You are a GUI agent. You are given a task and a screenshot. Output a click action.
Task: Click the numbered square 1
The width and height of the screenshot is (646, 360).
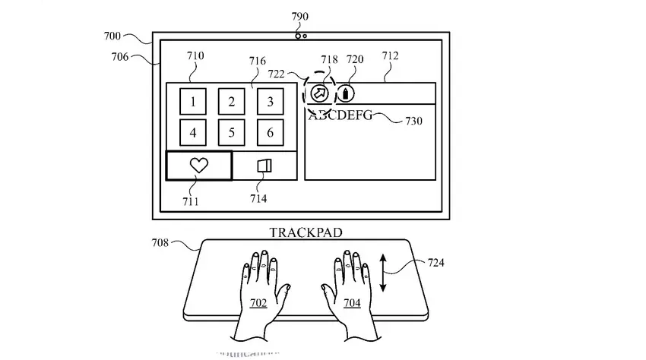pos(193,102)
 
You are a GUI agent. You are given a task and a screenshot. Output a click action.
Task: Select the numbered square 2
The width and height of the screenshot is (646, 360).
pos(232,102)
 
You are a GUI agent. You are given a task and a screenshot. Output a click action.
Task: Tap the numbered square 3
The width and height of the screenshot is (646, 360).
pos(270,102)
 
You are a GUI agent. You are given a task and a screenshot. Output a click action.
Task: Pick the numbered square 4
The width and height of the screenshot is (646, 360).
pos(193,133)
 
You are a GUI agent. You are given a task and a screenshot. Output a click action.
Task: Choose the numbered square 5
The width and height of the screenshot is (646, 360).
pos(232,133)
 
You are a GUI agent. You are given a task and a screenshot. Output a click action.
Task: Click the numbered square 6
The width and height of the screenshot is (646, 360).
pos(270,133)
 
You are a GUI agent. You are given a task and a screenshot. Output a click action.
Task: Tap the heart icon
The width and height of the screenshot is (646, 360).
pos(199,166)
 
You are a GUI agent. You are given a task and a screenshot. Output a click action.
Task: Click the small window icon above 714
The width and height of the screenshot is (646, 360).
pos(264,166)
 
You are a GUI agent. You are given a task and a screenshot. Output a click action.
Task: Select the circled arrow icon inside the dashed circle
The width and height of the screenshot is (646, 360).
pos(318,93)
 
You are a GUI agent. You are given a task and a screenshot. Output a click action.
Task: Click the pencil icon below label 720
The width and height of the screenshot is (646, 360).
pos(346,93)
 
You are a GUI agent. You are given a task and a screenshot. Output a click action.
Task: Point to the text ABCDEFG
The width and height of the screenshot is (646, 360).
pos(340,116)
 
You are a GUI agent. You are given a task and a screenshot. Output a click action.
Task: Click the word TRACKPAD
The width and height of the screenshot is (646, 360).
pos(302,232)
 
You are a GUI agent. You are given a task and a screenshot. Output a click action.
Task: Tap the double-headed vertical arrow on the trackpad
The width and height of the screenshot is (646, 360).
pos(383,273)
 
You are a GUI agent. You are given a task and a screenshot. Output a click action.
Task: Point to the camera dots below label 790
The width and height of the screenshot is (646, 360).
pos(301,35)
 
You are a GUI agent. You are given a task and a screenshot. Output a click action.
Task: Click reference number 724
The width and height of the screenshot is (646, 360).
pos(436,263)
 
